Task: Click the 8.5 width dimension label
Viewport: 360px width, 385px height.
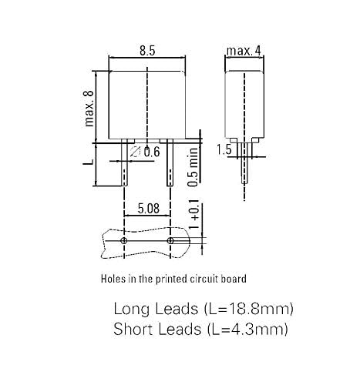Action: tap(146, 51)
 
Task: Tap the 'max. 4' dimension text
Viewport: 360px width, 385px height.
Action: tap(244, 52)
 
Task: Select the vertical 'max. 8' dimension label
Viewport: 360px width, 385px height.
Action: tap(90, 108)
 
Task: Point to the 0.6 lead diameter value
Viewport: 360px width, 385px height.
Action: tap(151, 152)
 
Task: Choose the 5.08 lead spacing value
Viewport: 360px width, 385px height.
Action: tap(147, 208)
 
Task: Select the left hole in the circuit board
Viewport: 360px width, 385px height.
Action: tap(124, 241)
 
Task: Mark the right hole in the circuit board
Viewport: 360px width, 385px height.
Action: tap(170, 241)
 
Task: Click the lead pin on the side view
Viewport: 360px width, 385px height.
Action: tap(244, 173)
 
